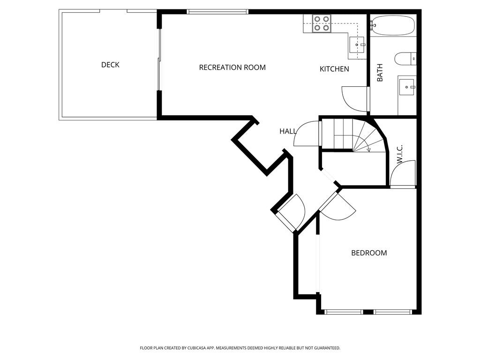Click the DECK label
click(x=110, y=65)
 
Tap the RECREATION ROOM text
click(x=232, y=67)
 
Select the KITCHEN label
click(x=334, y=69)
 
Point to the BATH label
click(x=380, y=73)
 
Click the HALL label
click(x=288, y=131)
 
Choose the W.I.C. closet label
click(x=400, y=154)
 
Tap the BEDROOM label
click(x=369, y=253)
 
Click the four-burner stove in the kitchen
click(x=322, y=23)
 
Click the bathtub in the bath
click(x=393, y=25)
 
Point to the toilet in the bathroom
click(x=405, y=59)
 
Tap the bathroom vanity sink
click(x=406, y=86)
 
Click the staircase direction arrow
click(x=368, y=150)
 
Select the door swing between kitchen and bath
click(x=355, y=98)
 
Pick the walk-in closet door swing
click(x=404, y=174)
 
